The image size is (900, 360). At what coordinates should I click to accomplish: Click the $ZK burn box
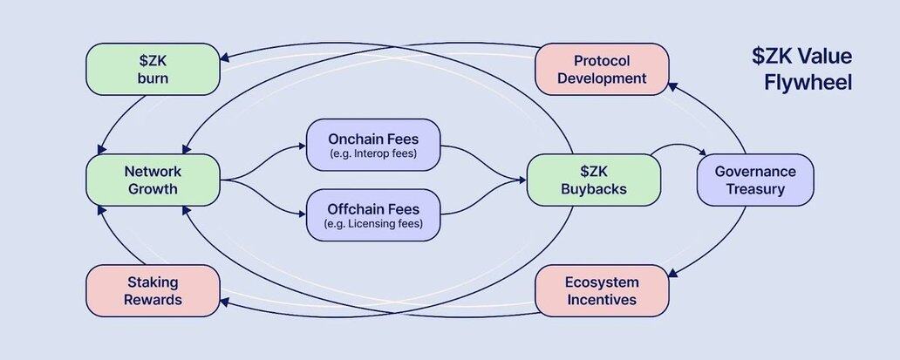(152, 69)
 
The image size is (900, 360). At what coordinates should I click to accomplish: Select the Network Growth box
(152, 180)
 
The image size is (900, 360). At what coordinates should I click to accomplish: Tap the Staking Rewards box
(152, 290)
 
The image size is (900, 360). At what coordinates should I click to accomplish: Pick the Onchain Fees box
(373, 144)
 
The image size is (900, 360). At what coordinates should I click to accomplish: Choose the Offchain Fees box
(373, 214)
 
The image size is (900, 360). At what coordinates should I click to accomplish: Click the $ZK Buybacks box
(592, 180)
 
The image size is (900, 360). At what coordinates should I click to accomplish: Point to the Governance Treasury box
(755, 180)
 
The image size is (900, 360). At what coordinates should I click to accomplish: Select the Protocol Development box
(602, 69)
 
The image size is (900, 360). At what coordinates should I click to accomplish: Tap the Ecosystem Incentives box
(602, 290)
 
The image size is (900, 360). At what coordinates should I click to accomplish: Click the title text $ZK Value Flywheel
(802, 70)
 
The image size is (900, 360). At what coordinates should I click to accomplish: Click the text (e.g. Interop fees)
(373, 154)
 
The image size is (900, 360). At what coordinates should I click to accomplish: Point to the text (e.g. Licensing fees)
(373, 224)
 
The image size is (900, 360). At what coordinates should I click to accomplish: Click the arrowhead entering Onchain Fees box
(302, 146)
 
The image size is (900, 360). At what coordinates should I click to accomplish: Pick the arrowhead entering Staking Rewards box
(225, 302)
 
